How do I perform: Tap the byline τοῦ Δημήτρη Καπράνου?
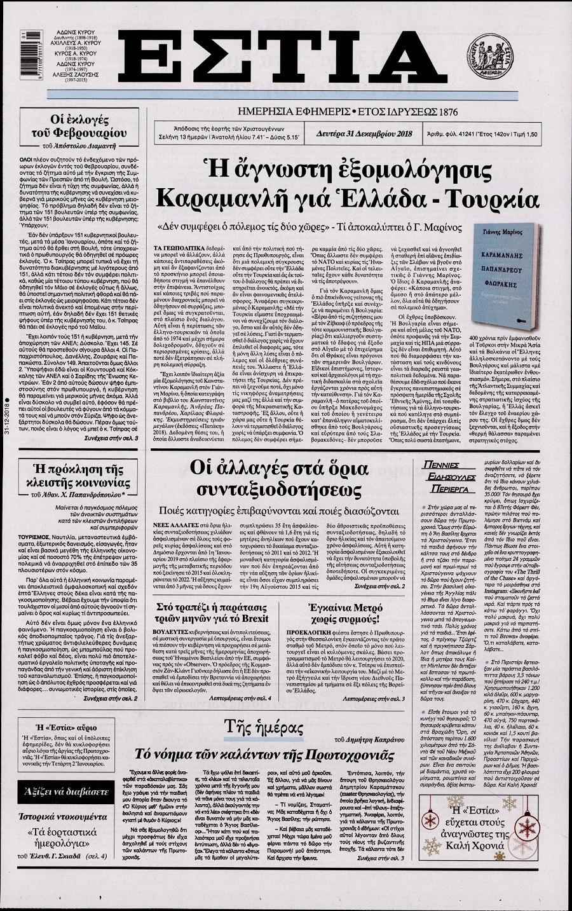[369, 739]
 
